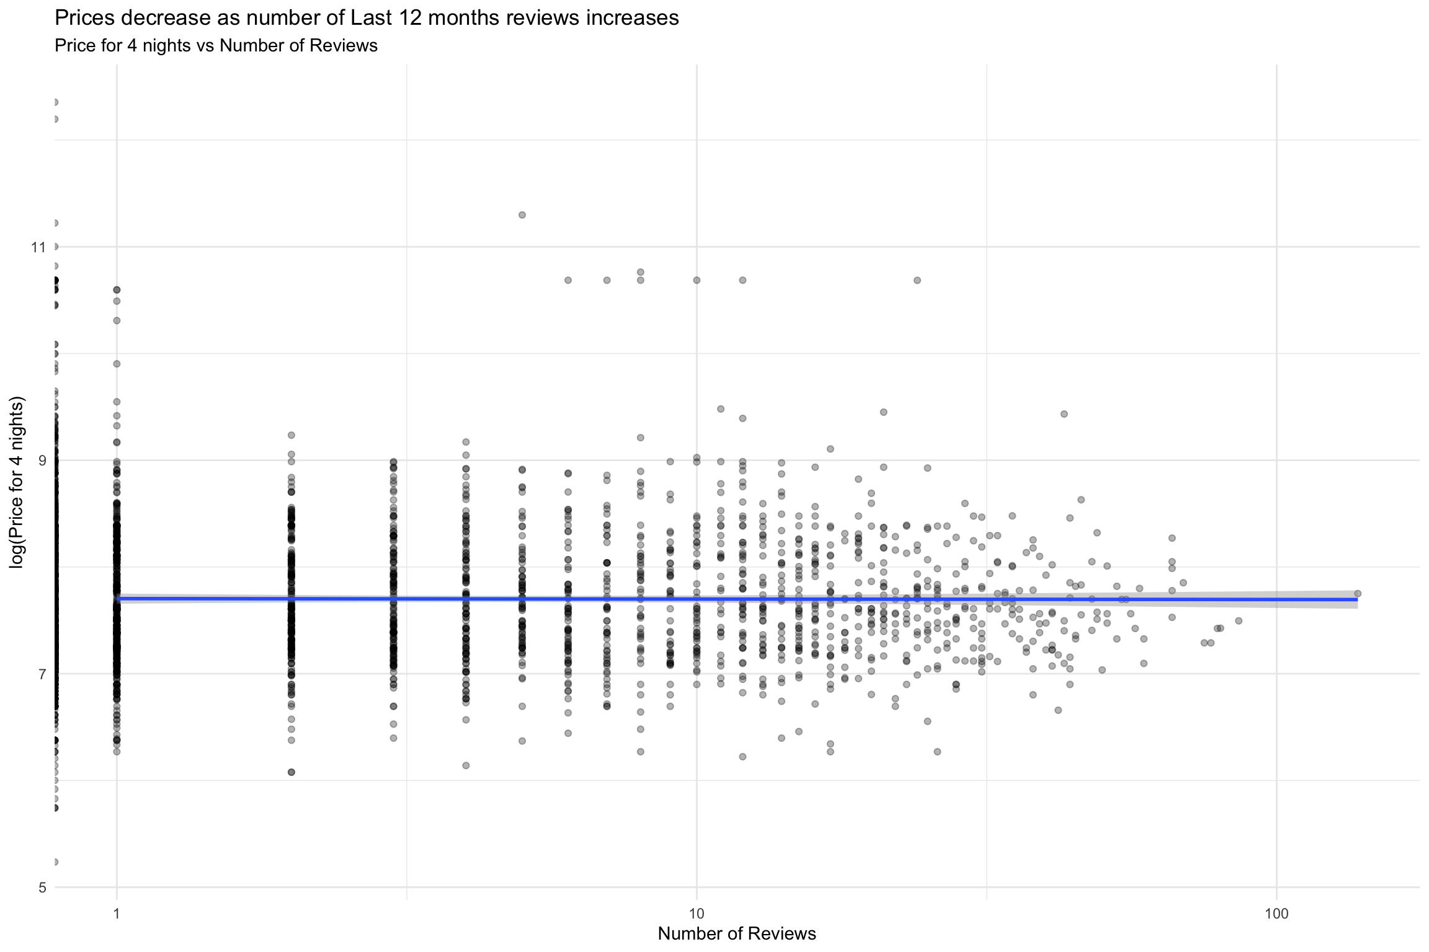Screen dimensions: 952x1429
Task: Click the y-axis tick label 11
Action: [x=38, y=247]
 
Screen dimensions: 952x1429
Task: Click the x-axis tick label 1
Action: [x=117, y=913]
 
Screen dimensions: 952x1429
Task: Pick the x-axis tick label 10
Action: [x=697, y=913]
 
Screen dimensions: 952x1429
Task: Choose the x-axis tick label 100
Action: [x=1276, y=913]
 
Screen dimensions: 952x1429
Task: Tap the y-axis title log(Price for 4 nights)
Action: [x=17, y=482]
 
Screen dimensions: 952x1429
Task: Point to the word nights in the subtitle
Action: [x=167, y=46]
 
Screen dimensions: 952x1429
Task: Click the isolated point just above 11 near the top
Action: [x=522, y=215]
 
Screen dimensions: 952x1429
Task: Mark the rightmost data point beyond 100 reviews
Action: [x=1358, y=593]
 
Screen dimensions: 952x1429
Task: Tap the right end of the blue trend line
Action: [x=1357, y=599]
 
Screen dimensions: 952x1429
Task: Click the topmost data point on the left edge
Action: [x=55, y=102]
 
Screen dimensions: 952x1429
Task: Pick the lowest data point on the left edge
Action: [x=55, y=862]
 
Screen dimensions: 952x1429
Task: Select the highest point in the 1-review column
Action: [x=117, y=289]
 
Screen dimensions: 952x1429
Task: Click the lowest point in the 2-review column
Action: [x=292, y=772]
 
